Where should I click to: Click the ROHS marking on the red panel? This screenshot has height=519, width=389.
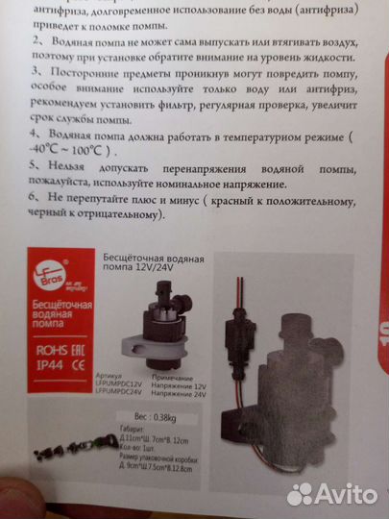pos(36,350)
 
